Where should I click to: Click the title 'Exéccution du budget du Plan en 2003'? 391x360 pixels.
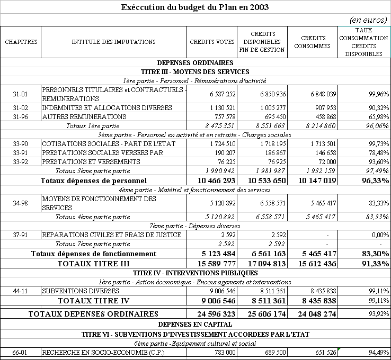tap(195, 7)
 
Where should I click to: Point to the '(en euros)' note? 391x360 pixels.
tap(369, 19)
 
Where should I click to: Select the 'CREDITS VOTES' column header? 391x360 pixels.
tap(212, 42)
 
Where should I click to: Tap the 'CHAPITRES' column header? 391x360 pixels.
tap(21, 42)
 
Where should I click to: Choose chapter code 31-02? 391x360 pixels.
tap(21, 107)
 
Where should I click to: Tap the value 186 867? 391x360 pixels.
tap(274, 153)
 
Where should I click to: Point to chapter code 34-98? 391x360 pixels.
tap(21, 203)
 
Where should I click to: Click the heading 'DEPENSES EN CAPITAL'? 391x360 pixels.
tap(195, 323)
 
